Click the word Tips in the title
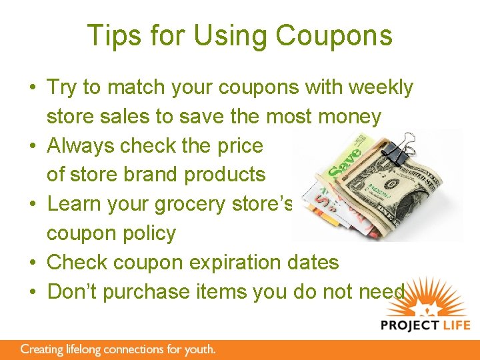tap(111, 35)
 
